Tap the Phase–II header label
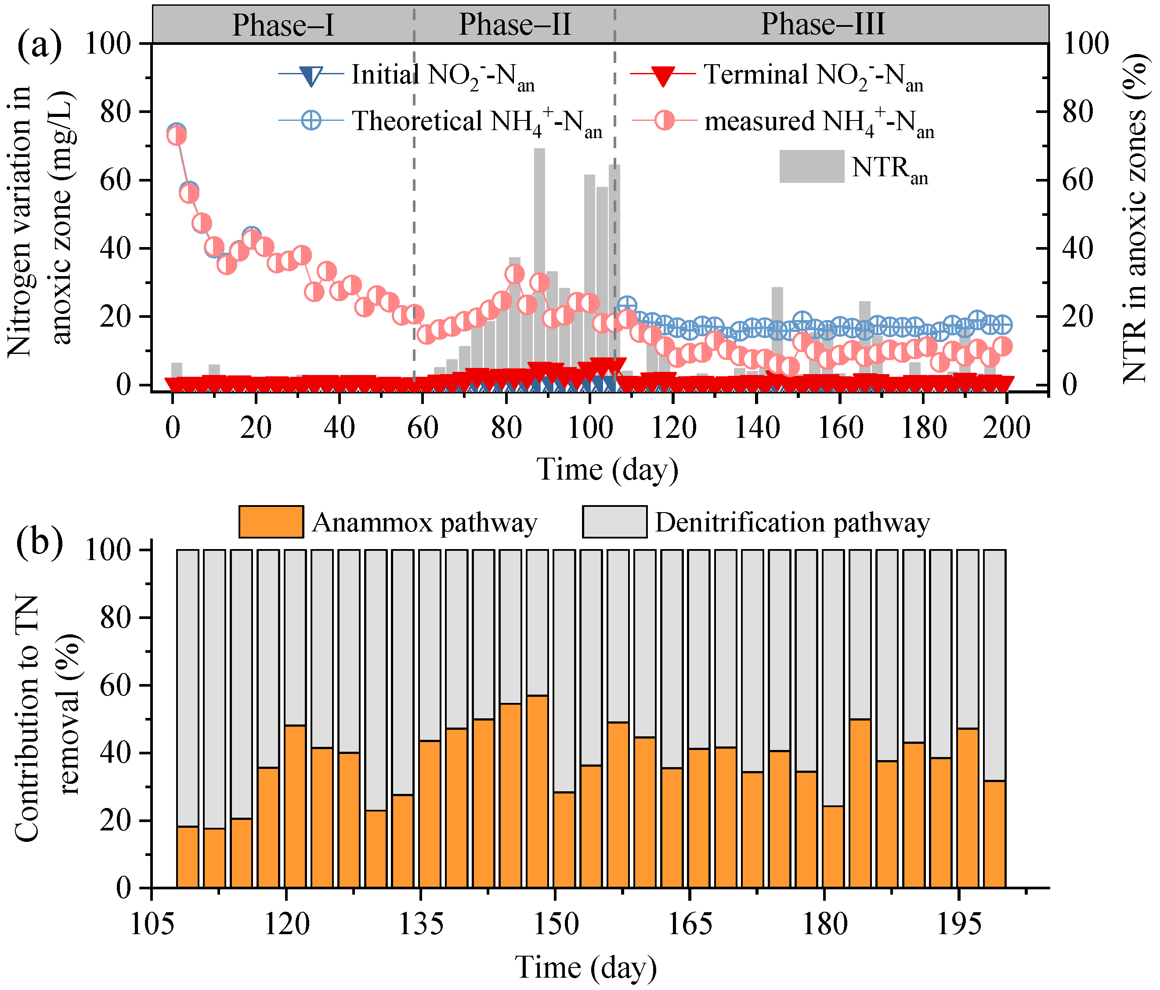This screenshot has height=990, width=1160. (x=514, y=25)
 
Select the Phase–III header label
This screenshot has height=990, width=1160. (x=822, y=24)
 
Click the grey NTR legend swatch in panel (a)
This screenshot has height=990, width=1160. (x=811, y=167)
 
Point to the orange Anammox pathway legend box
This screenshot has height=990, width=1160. (x=271, y=522)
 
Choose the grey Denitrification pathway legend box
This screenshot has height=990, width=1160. (x=614, y=522)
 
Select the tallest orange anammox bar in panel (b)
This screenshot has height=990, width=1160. (x=537, y=792)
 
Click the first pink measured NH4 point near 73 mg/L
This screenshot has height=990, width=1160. (x=177, y=135)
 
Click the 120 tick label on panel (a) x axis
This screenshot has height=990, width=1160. (x=673, y=429)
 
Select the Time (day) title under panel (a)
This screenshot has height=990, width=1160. (x=607, y=469)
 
